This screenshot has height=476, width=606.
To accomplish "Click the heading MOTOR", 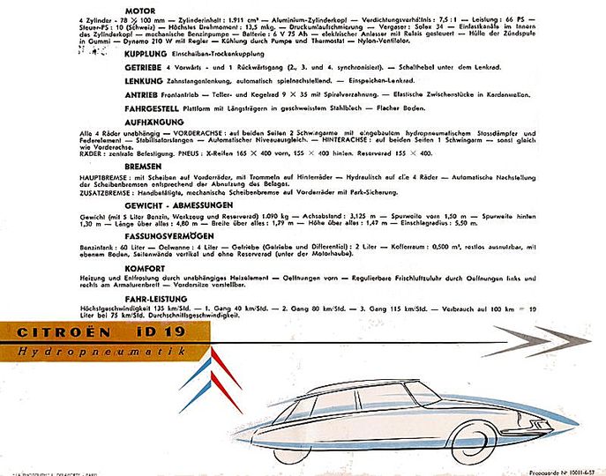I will pyautogui.click(x=141, y=11).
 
